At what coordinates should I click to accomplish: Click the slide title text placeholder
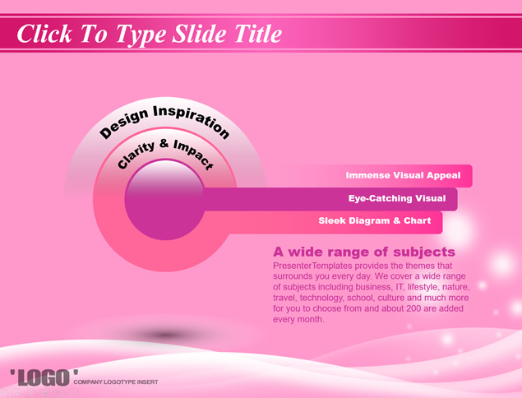pyautogui.click(x=150, y=34)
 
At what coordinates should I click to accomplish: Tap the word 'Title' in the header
pyautogui.click(x=258, y=34)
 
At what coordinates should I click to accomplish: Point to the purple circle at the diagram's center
pyautogui.click(x=164, y=200)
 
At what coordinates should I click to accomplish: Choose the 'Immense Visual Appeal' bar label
pyautogui.click(x=403, y=175)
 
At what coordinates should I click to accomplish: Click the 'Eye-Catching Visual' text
pyautogui.click(x=397, y=198)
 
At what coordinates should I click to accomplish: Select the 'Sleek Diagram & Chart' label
pyautogui.click(x=375, y=221)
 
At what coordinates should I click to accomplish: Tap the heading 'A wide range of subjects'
pyautogui.click(x=364, y=252)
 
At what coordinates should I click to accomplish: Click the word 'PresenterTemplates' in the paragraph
pyautogui.click(x=312, y=266)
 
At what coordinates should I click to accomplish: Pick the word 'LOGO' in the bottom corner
pyautogui.click(x=44, y=377)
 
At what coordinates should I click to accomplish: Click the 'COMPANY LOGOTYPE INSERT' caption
pyautogui.click(x=116, y=382)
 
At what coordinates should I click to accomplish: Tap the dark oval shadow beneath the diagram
pyautogui.click(x=165, y=335)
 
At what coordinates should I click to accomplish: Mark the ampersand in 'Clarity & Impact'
pyautogui.click(x=164, y=144)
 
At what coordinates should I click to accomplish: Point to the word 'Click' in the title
pyautogui.click(x=44, y=34)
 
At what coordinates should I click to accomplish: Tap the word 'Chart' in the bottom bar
pyautogui.click(x=417, y=220)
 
